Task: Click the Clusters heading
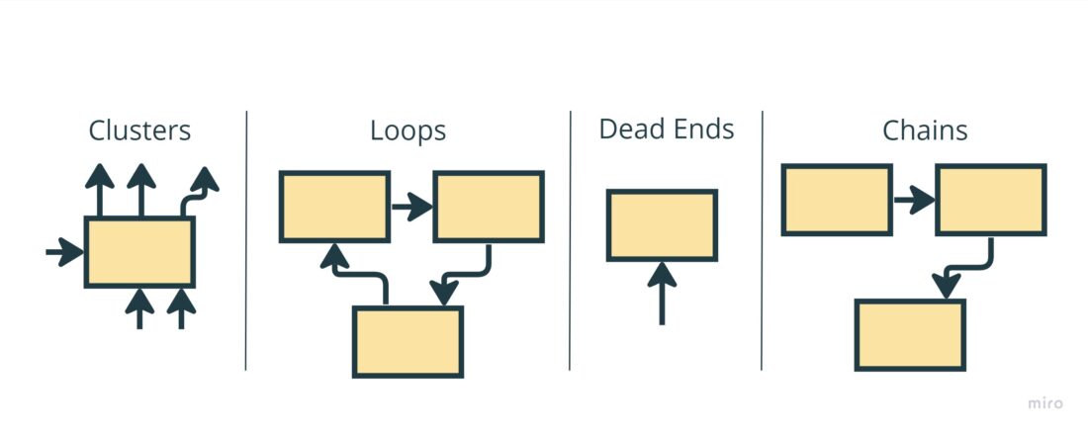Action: tap(139, 130)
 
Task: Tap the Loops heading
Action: tap(408, 130)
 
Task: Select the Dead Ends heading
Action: tap(667, 130)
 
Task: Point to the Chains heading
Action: tap(925, 130)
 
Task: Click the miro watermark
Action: tap(1043, 403)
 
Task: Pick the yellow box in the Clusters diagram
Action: tap(139, 252)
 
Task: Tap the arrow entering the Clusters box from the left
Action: tap(65, 253)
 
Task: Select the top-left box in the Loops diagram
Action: tap(334, 207)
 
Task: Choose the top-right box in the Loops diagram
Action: tap(489, 207)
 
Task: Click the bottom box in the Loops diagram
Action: tap(408, 341)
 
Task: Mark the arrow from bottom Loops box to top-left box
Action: tap(356, 271)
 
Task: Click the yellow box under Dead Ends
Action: tap(662, 225)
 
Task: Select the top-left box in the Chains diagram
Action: tap(837, 200)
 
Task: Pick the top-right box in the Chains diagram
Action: tap(990, 200)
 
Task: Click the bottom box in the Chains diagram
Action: tap(910, 334)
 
